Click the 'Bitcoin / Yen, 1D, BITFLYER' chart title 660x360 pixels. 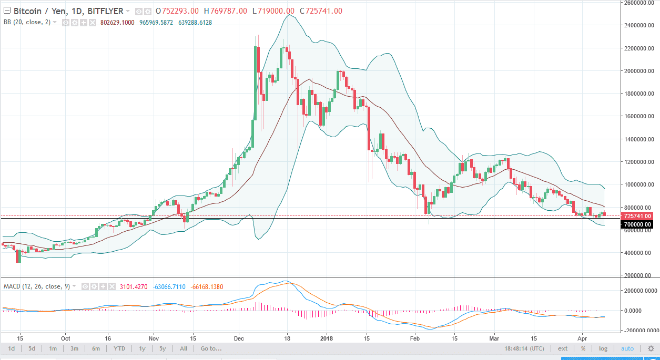click(68, 11)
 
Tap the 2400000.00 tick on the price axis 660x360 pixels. click(638, 25)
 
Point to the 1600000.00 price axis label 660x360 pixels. click(638, 116)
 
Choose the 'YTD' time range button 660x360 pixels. click(119, 348)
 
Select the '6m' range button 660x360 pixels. click(96, 348)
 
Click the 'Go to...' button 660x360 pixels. click(211, 348)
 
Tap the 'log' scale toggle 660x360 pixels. click(603, 348)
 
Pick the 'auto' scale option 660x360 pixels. click(627, 348)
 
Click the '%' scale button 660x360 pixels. click(583, 348)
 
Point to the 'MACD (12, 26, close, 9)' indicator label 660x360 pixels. click(36, 286)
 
